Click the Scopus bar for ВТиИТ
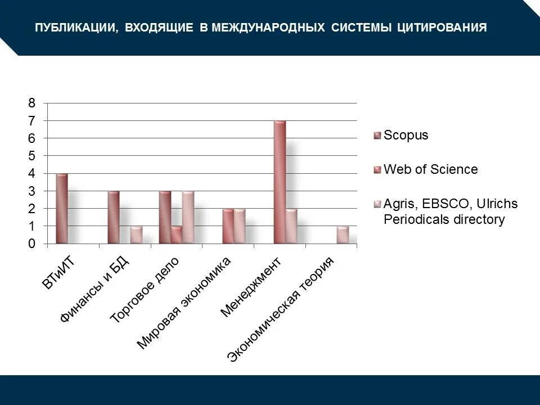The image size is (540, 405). point(62,209)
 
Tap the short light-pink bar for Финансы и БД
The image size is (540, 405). point(136,235)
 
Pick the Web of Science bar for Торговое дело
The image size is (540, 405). point(177,235)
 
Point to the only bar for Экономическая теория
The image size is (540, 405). point(343,235)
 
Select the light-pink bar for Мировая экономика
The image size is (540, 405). point(240,226)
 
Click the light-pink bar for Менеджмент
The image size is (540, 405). point(291,226)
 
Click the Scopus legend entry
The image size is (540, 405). point(406,135)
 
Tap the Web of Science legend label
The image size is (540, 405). point(430,169)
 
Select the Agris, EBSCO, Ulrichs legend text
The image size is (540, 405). point(450,211)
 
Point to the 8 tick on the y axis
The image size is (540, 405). point(31,103)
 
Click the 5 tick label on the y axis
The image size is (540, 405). point(31,156)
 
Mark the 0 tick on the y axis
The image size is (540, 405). point(31,244)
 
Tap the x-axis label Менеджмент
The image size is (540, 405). point(250,287)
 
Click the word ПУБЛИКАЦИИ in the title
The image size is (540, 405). point(76,28)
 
